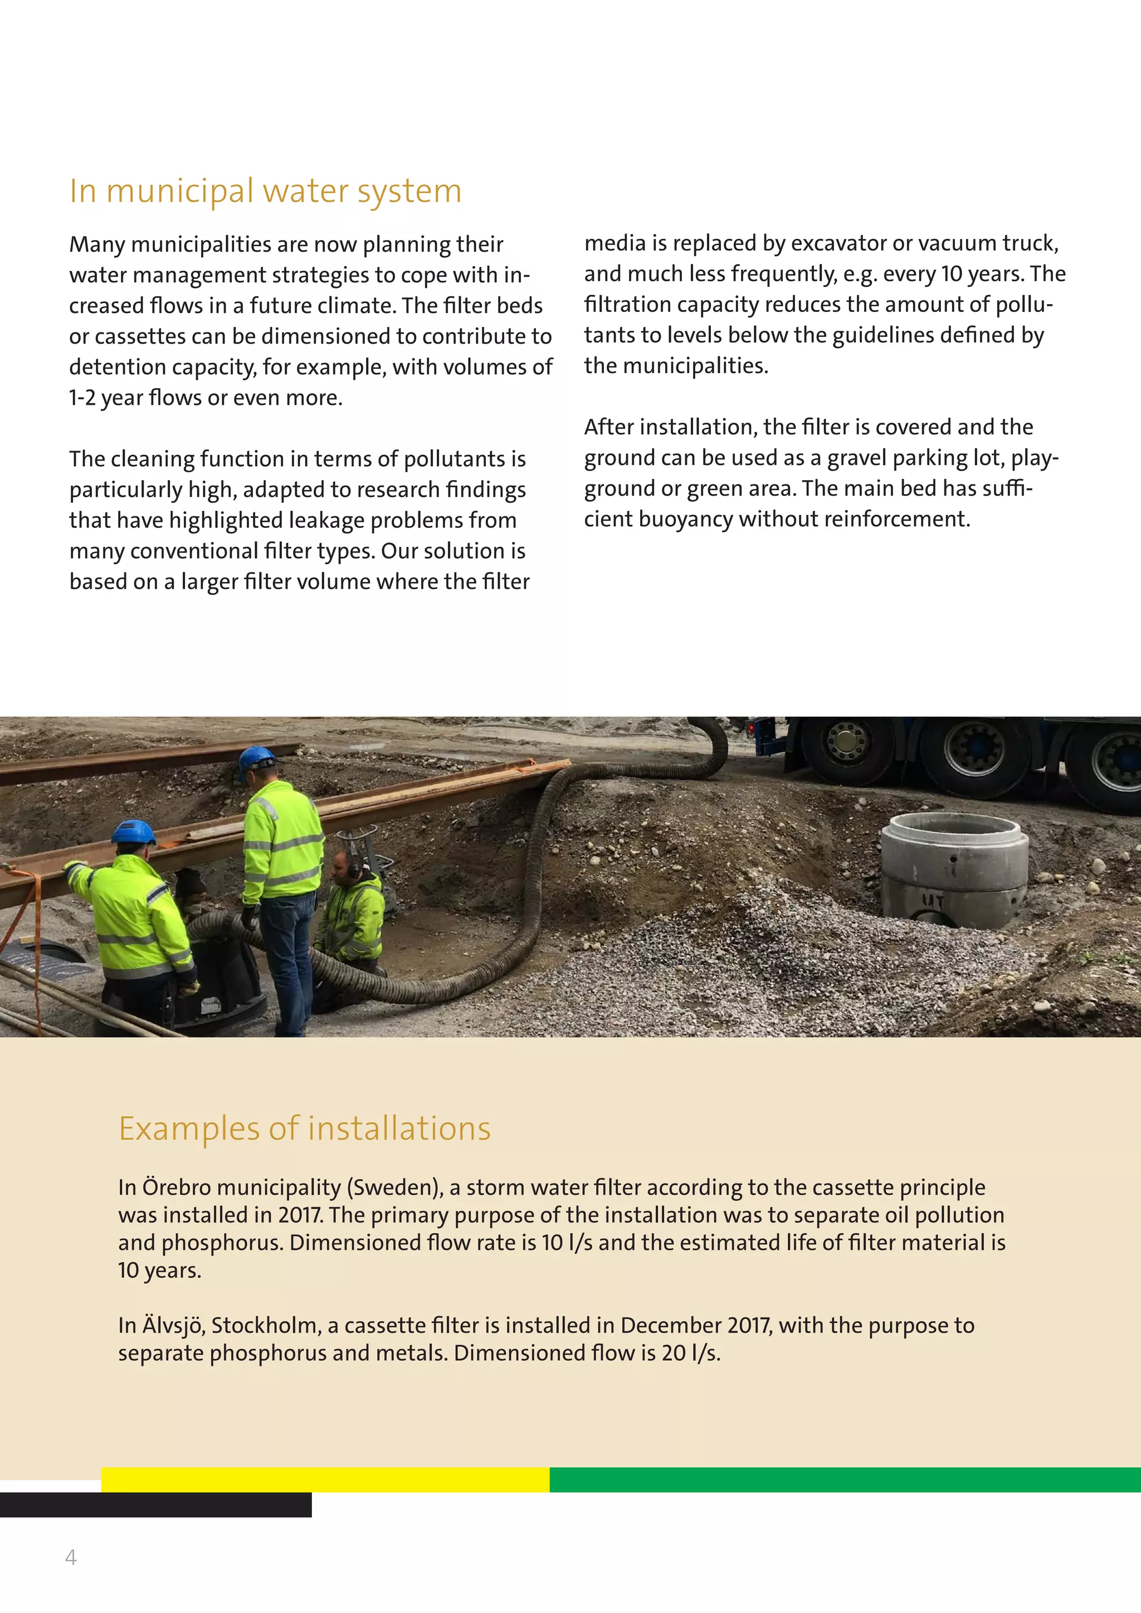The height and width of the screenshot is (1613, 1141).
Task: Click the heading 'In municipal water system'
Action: tap(266, 191)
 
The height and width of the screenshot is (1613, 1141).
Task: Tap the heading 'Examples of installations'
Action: tap(304, 1129)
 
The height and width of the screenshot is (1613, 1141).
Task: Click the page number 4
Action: tap(70, 1557)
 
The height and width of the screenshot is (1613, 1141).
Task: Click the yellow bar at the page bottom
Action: tap(325, 1479)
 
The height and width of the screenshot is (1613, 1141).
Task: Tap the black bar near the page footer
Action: tap(155, 1504)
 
